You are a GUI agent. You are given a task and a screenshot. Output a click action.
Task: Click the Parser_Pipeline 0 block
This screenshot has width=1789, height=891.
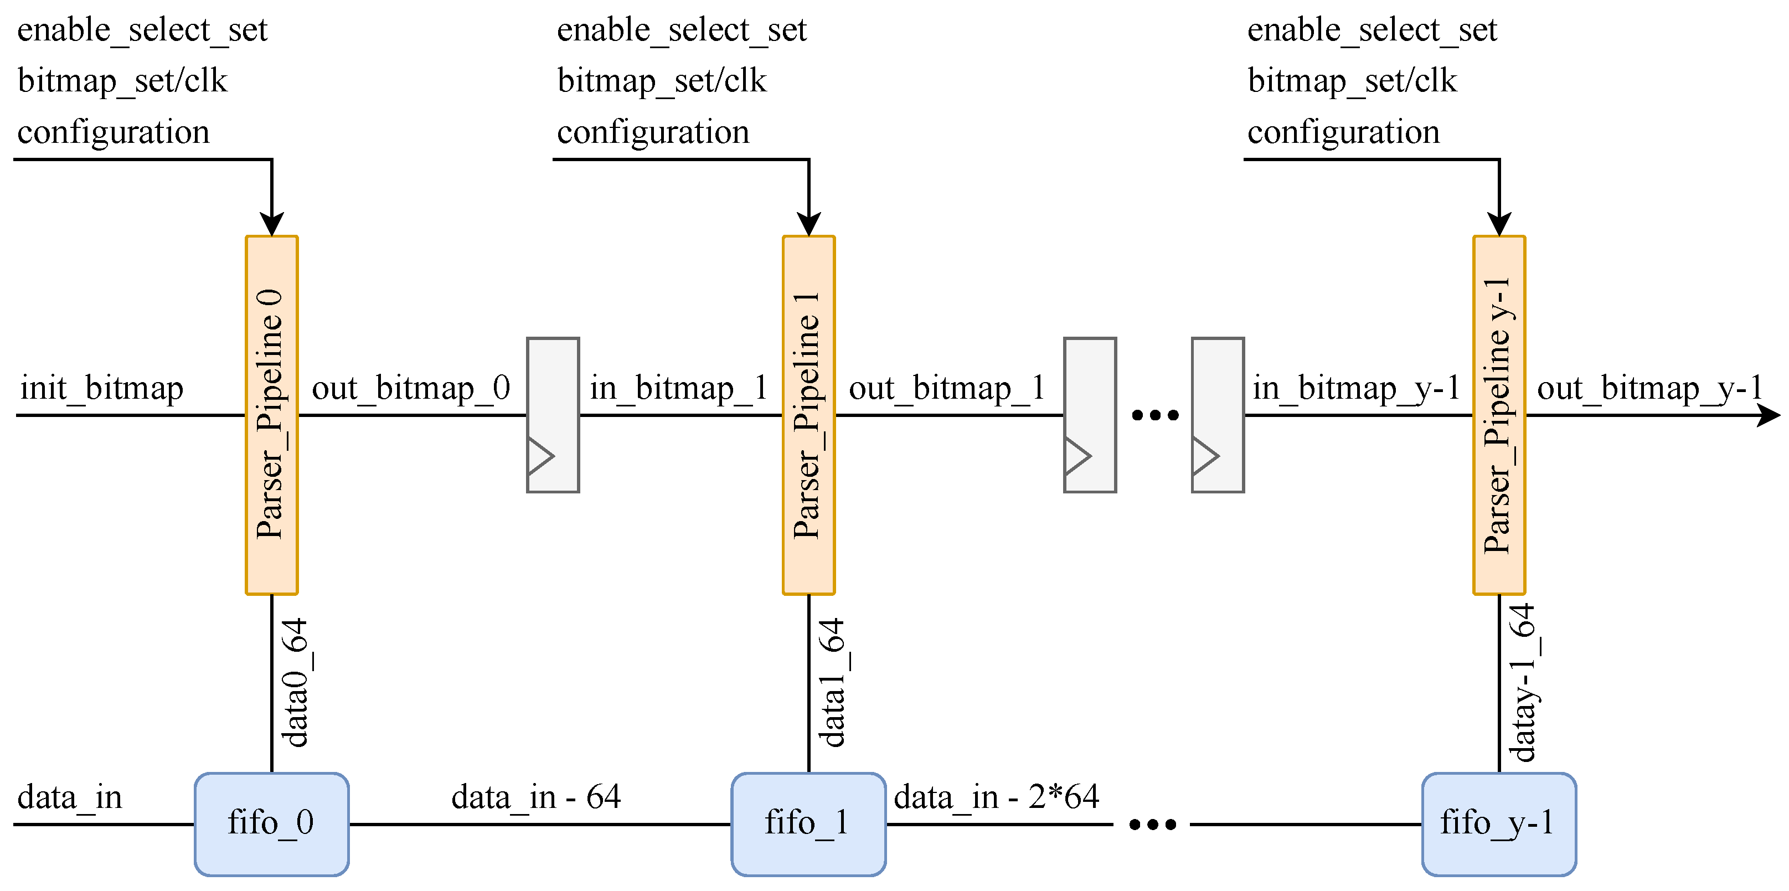(271, 415)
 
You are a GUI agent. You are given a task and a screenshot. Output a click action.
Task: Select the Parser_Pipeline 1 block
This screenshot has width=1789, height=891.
(808, 415)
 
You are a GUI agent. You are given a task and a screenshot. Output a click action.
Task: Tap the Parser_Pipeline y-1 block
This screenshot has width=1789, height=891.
(1499, 415)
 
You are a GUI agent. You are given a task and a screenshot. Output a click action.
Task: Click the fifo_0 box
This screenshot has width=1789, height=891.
(271, 823)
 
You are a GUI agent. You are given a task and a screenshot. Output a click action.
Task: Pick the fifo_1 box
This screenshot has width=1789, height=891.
(808, 823)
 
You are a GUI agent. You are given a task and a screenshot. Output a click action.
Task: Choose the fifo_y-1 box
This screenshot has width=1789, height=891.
(1499, 823)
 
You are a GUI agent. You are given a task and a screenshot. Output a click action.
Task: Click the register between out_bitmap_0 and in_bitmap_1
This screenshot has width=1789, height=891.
(553, 415)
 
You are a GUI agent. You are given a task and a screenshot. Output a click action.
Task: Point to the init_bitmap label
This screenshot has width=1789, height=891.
(101, 388)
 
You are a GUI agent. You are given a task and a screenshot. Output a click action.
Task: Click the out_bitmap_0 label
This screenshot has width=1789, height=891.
(411, 388)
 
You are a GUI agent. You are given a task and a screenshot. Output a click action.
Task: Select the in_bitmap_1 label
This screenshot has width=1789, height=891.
(678, 388)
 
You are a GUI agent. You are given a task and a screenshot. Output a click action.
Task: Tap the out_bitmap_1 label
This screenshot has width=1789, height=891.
(947, 388)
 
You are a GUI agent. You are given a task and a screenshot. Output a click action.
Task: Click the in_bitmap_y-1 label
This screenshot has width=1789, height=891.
(1357, 388)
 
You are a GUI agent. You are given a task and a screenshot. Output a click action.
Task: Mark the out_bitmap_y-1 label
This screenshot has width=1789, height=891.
(1649, 388)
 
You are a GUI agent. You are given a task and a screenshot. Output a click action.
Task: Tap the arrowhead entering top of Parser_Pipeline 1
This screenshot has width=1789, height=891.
(808, 224)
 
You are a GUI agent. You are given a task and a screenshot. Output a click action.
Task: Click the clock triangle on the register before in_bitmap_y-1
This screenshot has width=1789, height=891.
(1205, 456)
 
